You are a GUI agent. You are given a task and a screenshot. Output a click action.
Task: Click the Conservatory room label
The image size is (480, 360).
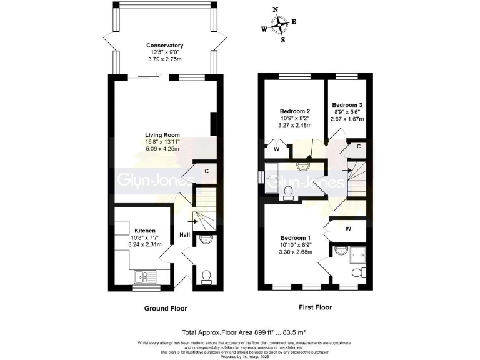[x=164, y=46]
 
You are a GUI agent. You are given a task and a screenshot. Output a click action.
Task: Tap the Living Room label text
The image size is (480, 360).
[x=162, y=135]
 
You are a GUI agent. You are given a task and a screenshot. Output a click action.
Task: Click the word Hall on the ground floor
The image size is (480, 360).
[x=185, y=235]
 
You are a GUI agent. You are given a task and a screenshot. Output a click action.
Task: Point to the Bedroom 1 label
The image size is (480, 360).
[x=295, y=238]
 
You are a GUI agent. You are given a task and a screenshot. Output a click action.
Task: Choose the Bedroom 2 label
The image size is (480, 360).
[x=294, y=111]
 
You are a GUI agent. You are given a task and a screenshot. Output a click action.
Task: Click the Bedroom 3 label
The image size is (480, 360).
[x=347, y=105]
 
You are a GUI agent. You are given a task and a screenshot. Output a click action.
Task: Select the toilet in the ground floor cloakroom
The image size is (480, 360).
[x=206, y=275]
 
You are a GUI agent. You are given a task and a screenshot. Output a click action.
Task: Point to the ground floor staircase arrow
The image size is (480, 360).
[x=195, y=220]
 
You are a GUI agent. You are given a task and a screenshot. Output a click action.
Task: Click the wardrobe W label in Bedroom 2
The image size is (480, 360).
[x=276, y=149]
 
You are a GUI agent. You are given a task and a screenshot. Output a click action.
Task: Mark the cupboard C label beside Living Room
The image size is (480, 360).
[x=206, y=170]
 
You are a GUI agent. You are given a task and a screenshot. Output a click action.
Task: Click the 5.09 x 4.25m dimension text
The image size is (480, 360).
[x=162, y=149]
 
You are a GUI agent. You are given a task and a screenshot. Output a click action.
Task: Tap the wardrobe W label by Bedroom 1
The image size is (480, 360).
[x=347, y=229]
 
